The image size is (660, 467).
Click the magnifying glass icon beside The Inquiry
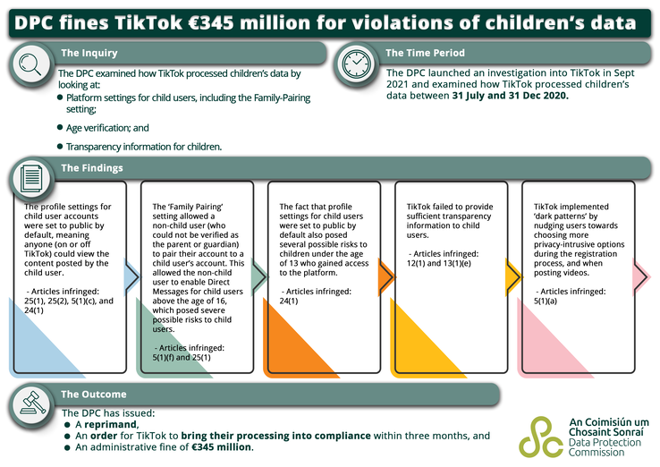click(30, 63)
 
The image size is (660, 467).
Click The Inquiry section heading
click(89, 54)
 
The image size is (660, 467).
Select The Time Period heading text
click(426, 54)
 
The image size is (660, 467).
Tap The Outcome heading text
click(93, 394)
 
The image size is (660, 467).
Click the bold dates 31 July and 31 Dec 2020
click(510, 94)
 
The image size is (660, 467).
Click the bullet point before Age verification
click(60, 128)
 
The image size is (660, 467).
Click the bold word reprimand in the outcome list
click(113, 424)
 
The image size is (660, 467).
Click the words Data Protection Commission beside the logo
click(606, 446)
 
